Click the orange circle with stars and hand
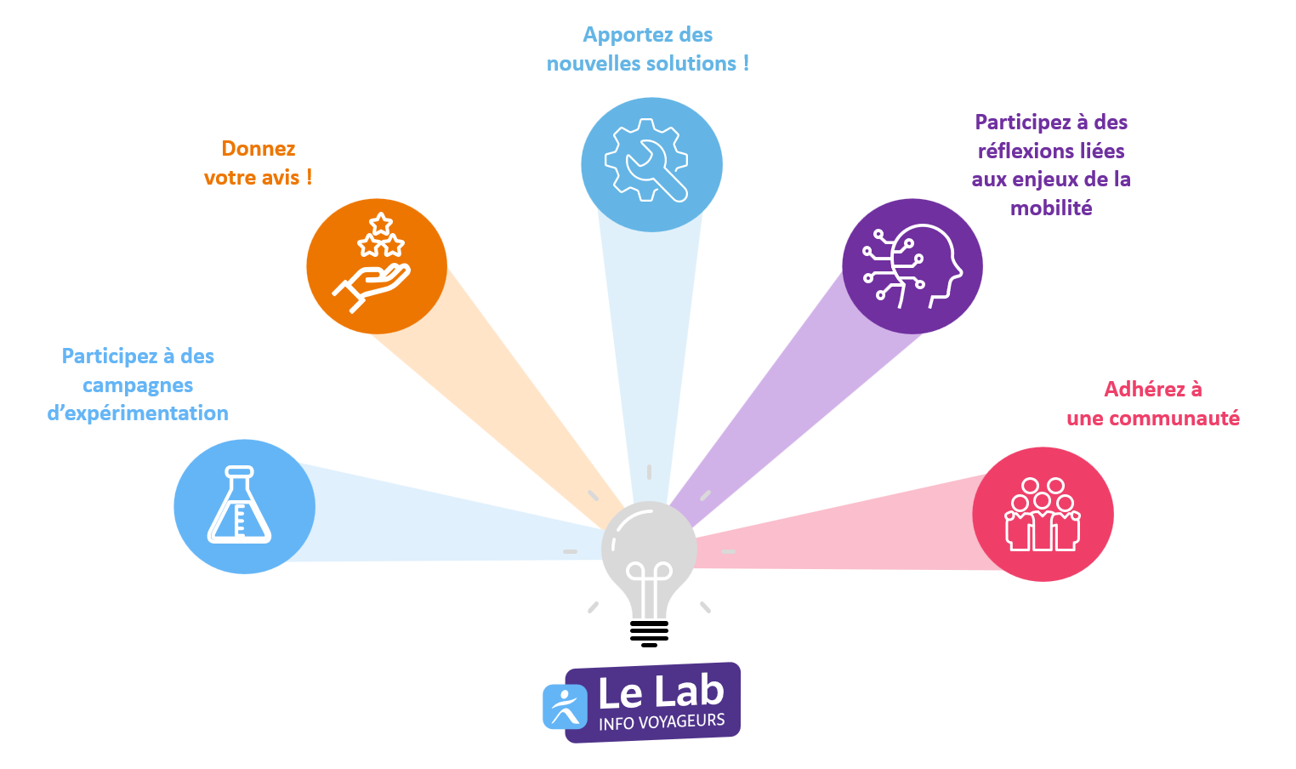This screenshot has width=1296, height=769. (376, 265)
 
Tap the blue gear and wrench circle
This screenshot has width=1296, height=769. (651, 164)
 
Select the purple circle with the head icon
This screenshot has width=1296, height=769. (912, 265)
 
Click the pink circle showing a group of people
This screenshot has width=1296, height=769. (1043, 514)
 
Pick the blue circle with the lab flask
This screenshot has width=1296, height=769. (244, 506)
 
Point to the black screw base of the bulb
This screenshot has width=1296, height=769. (649, 633)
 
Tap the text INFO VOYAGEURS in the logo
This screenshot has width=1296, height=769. (662, 722)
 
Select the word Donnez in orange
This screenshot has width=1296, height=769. (259, 149)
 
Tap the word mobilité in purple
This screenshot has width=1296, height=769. (1051, 208)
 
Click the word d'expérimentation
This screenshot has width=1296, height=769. (138, 413)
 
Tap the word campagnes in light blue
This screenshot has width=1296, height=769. (138, 385)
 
